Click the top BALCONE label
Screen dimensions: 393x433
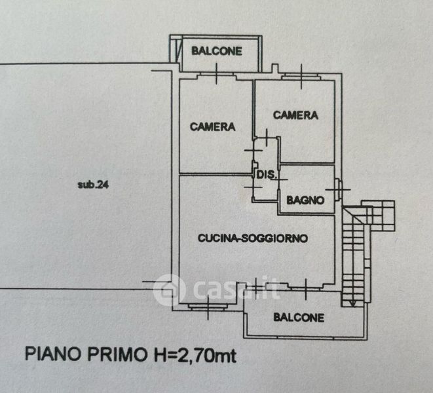[217, 50]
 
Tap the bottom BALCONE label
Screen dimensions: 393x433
[299, 318]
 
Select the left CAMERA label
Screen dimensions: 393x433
[213, 127]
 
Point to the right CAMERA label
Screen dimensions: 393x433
[295, 115]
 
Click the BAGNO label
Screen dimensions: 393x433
[305, 200]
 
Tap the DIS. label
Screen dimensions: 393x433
[265, 176]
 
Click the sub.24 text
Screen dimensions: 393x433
[93, 184]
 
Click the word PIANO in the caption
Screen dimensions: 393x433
[50, 355]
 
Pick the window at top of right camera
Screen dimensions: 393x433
[301, 77]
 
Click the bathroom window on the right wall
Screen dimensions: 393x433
[338, 189]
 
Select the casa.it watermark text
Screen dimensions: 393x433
[233, 289]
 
